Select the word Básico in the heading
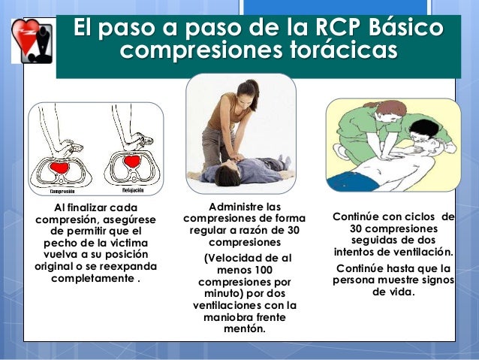(402, 30)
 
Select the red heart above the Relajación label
(132, 160)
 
